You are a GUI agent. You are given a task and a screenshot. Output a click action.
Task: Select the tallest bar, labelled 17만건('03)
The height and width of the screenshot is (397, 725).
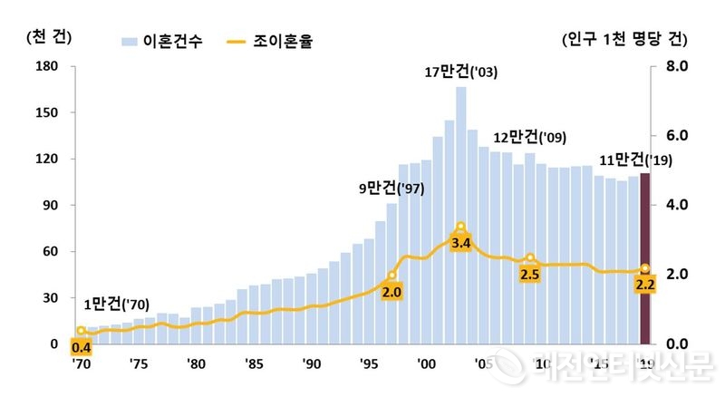(460, 163)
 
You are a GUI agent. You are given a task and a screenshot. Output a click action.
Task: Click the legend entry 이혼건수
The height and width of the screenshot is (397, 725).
(162, 41)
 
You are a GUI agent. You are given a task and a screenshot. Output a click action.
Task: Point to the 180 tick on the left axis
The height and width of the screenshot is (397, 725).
(45, 67)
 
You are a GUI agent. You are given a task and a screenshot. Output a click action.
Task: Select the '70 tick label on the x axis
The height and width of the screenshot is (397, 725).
(81, 364)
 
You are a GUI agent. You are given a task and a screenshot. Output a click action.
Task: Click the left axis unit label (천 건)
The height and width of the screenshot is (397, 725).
(50, 37)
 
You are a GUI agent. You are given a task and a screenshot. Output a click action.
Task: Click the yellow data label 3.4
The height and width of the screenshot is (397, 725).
(459, 243)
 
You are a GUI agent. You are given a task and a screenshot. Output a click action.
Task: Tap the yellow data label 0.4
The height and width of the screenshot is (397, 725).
(82, 346)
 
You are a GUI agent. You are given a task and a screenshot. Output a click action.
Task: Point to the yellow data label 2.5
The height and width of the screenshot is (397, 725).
(530, 273)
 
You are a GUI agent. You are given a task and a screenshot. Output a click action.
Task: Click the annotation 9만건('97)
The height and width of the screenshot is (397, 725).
(391, 189)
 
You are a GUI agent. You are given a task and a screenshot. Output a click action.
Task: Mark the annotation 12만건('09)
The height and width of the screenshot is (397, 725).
(530, 137)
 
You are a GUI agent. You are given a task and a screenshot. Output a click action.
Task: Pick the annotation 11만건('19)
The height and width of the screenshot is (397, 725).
(633, 161)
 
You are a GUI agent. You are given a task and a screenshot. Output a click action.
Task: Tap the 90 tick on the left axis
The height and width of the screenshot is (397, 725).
(49, 206)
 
